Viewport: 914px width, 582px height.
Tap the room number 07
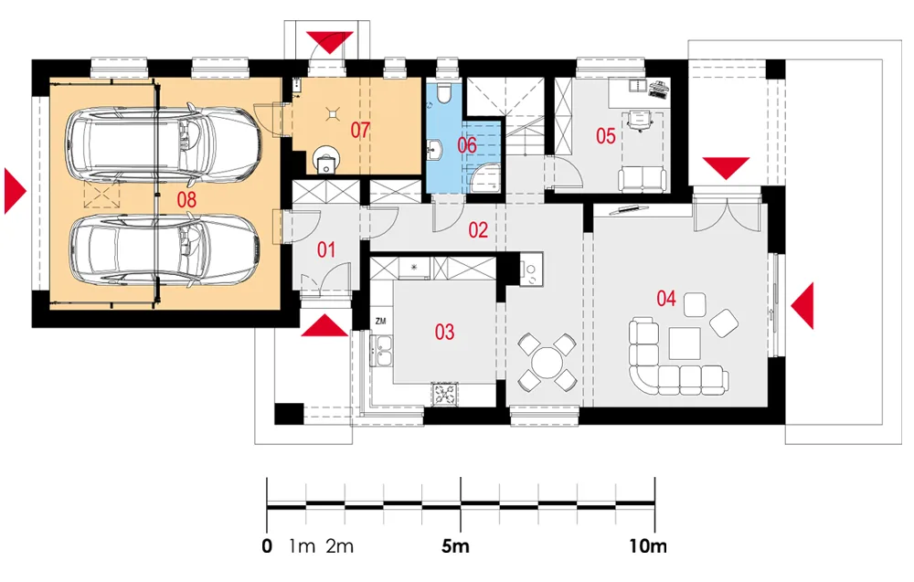pos(358,130)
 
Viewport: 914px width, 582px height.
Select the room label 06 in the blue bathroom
pos(466,145)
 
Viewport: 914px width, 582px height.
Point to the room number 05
pos(605,136)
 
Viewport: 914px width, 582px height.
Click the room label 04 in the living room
pos(665,298)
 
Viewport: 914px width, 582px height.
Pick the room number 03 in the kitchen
pos(444,332)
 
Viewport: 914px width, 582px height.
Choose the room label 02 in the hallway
pos(478,229)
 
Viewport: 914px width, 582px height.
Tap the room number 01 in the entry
pos(325,248)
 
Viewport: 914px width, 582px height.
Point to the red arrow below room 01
pos(326,324)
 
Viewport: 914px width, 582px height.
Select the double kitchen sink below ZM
pos(381,348)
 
